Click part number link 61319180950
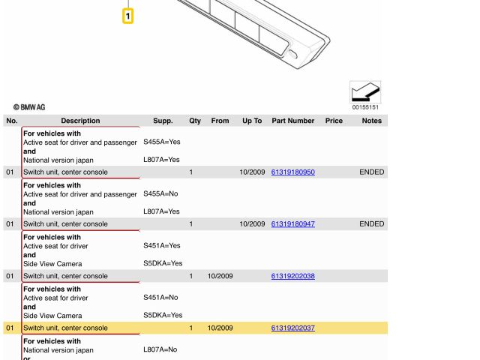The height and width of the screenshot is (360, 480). click(292, 172)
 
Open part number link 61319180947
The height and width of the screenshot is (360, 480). click(292, 224)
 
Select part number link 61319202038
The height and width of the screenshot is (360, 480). click(292, 276)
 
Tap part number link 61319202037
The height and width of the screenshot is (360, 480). click(292, 328)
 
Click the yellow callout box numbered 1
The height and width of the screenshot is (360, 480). click(128, 16)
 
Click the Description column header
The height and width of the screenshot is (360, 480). click(80, 121)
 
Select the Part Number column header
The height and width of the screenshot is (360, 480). click(292, 121)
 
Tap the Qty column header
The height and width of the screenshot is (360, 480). click(195, 121)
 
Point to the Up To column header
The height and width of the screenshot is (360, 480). click(252, 121)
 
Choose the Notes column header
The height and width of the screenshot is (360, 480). click(371, 121)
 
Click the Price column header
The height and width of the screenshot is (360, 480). click(334, 121)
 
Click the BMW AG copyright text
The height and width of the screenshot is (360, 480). click(29, 107)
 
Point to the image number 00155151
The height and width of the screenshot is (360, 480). click(365, 107)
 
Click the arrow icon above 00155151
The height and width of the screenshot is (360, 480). click(365, 92)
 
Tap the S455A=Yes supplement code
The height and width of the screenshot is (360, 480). click(161, 142)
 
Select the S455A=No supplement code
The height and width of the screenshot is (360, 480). click(160, 193)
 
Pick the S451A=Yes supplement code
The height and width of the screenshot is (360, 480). click(161, 245)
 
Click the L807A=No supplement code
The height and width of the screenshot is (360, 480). click(160, 349)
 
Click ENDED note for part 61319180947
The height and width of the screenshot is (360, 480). click(371, 224)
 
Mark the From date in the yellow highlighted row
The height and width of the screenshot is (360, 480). click(220, 328)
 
